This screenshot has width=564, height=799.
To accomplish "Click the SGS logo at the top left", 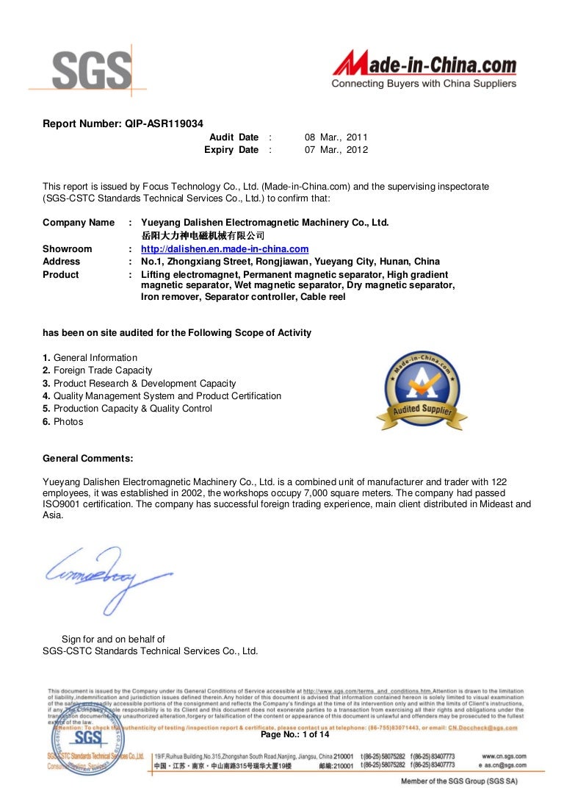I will [x=81, y=71].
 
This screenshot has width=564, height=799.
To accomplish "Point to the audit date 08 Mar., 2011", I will [x=336, y=137].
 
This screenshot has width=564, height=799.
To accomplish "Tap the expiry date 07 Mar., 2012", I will [x=336, y=150].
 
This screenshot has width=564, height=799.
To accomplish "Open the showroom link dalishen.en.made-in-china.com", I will [x=225, y=249].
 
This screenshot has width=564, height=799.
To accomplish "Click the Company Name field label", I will [x=79, y=223].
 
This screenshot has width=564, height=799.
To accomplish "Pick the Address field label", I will [x=62, y=262].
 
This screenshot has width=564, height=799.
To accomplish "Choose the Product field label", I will [x=61, y=275].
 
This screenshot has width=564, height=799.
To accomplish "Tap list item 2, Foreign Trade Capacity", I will [x=98, y=370].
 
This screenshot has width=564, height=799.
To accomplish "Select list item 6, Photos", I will [x=63, y=422].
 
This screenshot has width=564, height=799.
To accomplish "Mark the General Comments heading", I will [x=88, y=459].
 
